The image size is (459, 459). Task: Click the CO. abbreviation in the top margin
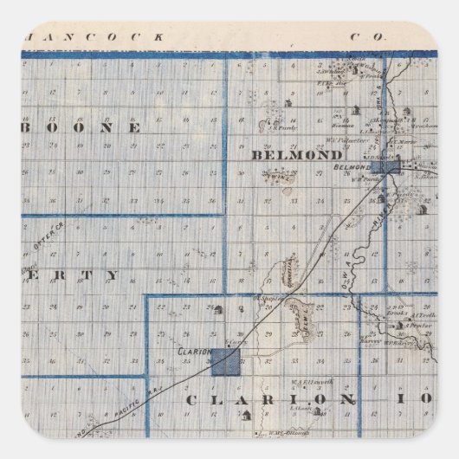(363, 38)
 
